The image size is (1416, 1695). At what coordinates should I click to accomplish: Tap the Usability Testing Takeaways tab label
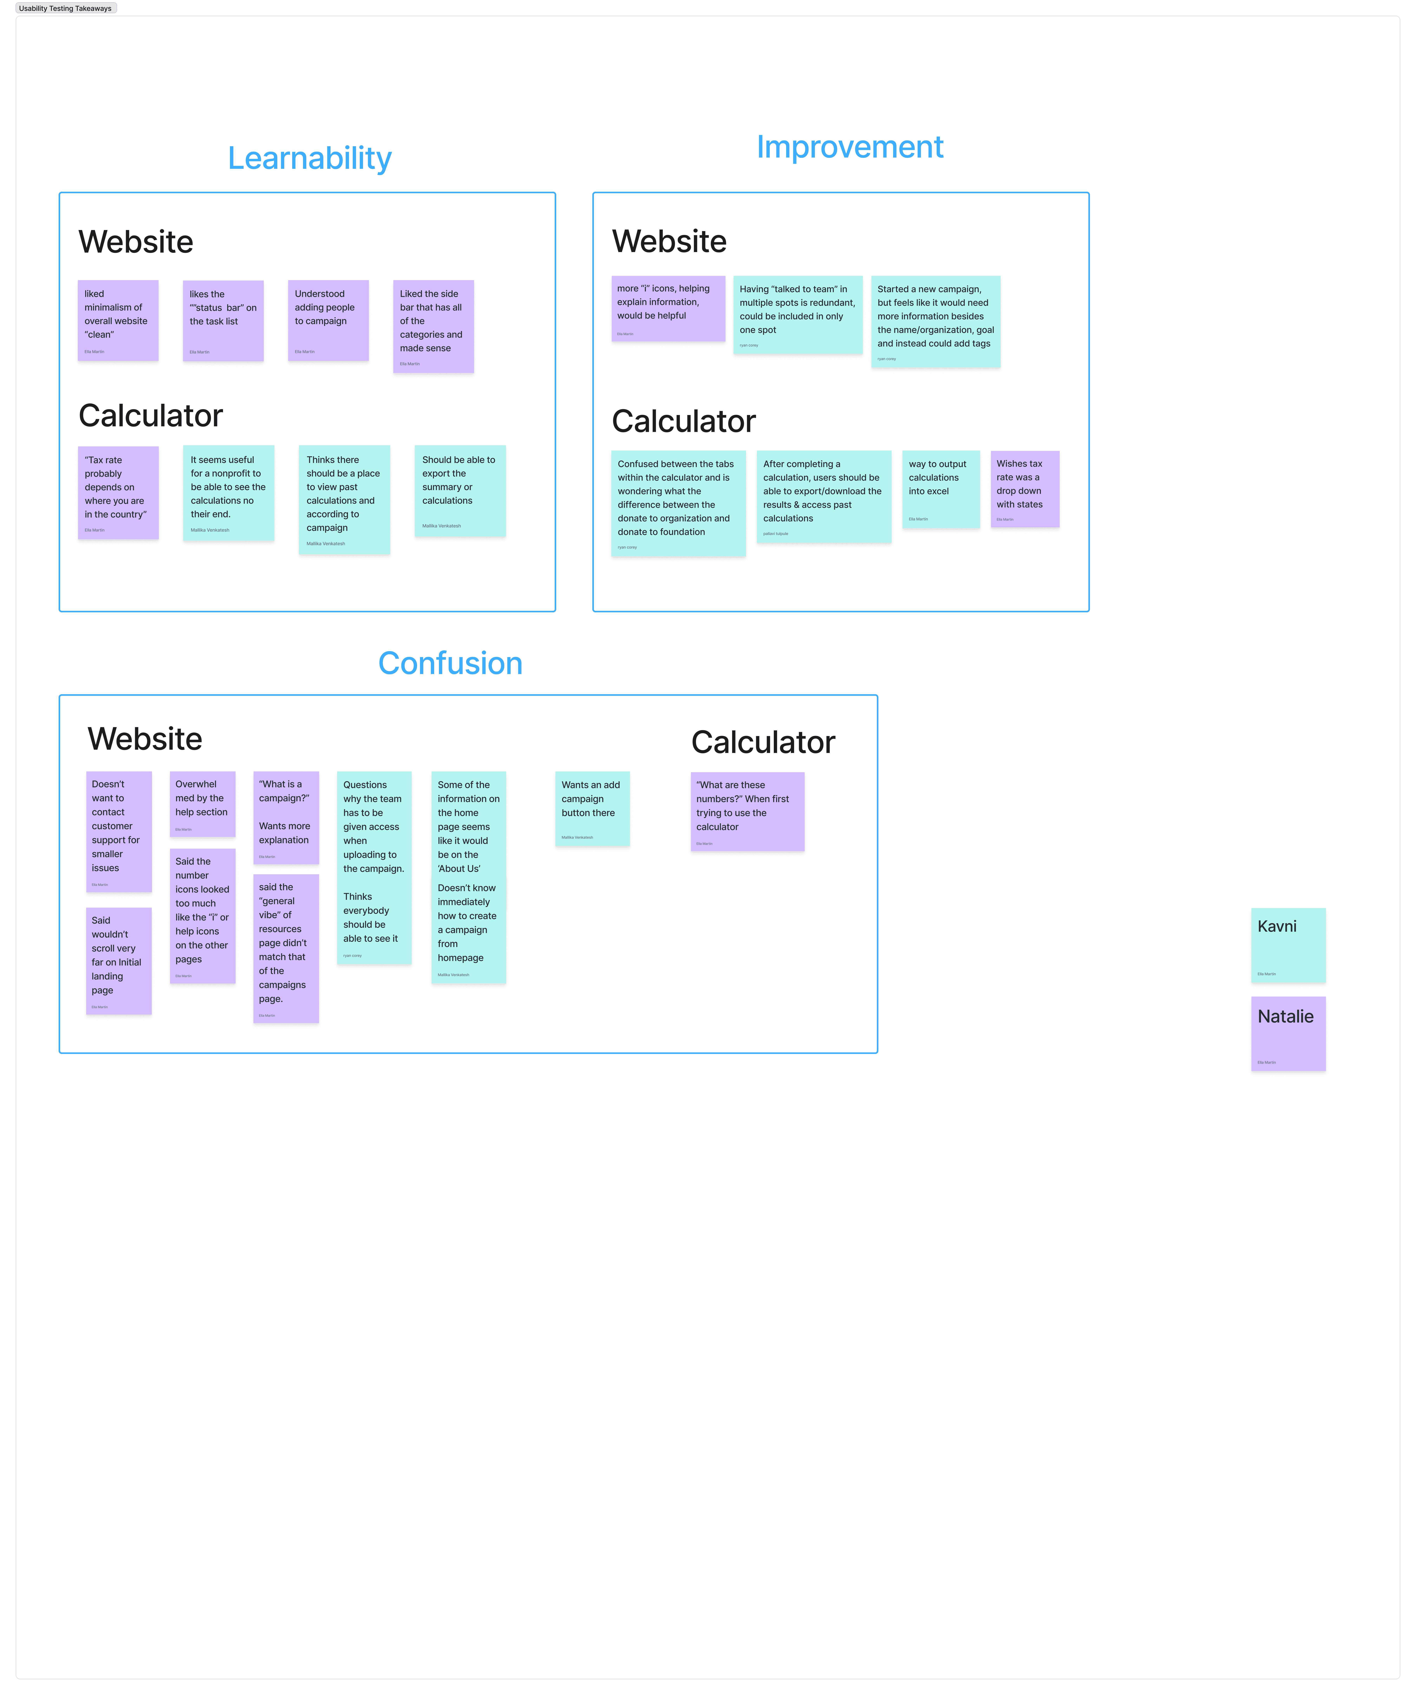[65, 8]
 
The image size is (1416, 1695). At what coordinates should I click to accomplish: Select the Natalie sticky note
[1288, 1033]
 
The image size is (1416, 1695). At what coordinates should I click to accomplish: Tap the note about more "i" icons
[668, 308]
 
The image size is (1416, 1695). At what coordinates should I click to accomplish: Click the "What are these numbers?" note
[747, 811]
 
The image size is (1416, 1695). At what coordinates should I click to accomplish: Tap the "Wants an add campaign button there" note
[592, 808]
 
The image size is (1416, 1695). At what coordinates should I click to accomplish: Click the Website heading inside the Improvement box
[669, 241]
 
